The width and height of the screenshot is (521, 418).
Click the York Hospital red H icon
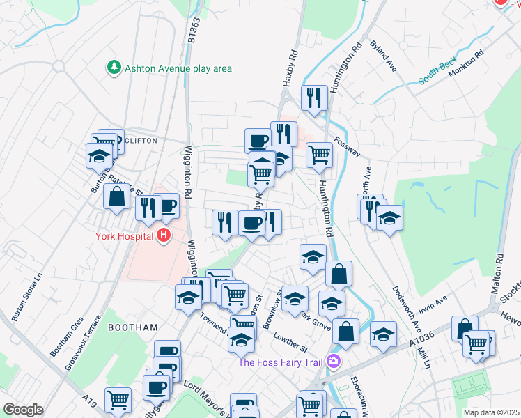(x=164, y=235)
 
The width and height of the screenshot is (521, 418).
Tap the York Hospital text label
(x=125, y=235)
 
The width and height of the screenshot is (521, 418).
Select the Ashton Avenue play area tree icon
(x=113, y=68)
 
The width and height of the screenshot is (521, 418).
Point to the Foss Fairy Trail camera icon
(x=334, y=360)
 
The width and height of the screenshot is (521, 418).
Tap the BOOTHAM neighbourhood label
(x=134, y=327)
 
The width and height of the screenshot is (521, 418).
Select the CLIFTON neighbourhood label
(x=141, y=140)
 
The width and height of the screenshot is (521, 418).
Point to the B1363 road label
(x=193, y=31)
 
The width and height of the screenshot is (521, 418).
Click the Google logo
(x=23, y=410)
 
